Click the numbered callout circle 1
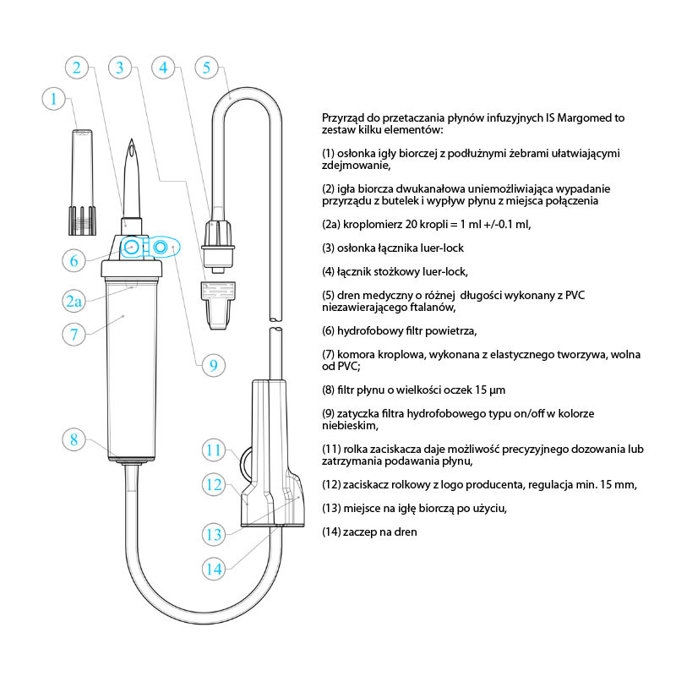[x=53, y=99]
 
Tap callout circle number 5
[x=206, y=68]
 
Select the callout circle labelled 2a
[x=74, y=301]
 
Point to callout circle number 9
[x=214, y=365]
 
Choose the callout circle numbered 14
[x=214, y=569]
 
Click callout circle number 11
[x=214, y=450]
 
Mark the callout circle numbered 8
[x=74, y=439]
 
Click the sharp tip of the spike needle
[x=132, y=139]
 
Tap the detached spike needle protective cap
[x=82, y=182]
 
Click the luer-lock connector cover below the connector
[x=218, y=305]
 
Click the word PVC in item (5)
[x=575, y=295]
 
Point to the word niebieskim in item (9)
[x=350, y=426]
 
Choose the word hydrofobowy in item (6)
[x=364, y=331]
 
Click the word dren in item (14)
[x=406, y=532]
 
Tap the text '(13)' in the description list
[x=331, y=509]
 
